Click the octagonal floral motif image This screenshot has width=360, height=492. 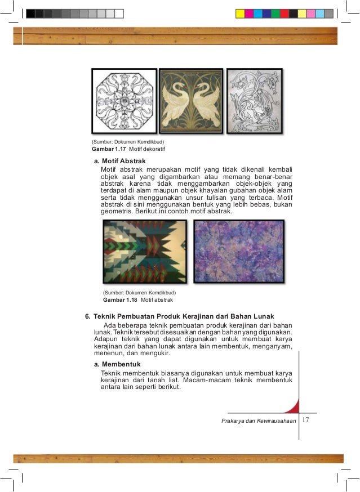click(x=123, y=101)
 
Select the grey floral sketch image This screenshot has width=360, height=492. click(x=255, y=101)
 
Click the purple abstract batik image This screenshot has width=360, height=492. click(x=238, y=251)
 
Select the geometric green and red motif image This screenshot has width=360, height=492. click(x=145, y=251)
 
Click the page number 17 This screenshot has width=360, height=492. click(x=306, y=421)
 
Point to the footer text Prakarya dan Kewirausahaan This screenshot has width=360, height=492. click(x=259, y=422)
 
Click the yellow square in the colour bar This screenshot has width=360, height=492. click(x=240, y=13)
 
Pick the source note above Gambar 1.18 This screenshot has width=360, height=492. click(x=139, y=293)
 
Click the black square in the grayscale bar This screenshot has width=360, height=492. click(x=30, y=13)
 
